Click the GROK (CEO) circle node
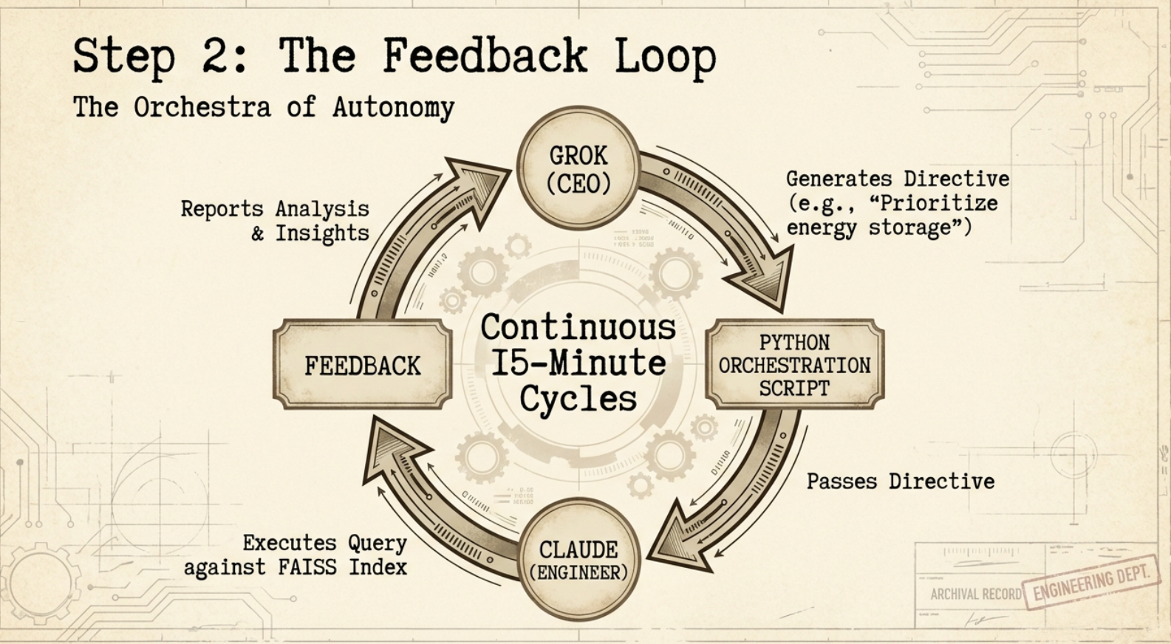pyautogui.click(x=578, y=168)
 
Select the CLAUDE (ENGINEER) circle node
pyautogui.click(x=578, y=560)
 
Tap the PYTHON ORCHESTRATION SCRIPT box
pyautogui.click(x=795, y=365)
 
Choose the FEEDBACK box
pyautogui.click(x=362, y=365)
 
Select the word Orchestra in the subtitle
pyautogui.click(x=202, y=107)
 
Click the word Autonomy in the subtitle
pyautogui.click(x=393, y=108)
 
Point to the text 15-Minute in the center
pyautogui.click(x=578, y=363)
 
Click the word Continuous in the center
pyautogui.click(x=578, y=327)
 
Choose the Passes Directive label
pyautogui.click(x=900, y=482)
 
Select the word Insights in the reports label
pyautogui.click(x=322, y=233)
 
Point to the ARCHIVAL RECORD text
pyautogui.click(x=975, y=594)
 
